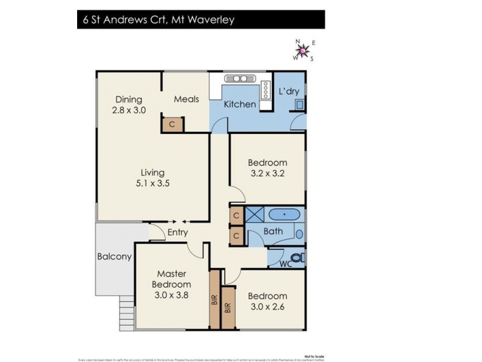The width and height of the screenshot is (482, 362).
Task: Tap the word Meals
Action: pyautogui.click(x=186, y=99)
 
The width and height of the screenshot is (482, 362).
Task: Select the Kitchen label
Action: pyautogui.click(x=240, y=104)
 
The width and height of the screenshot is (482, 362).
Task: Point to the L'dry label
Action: pyautogui.click(x=289, y=92)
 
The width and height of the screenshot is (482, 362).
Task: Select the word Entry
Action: pyautogui.click(x=178, y=232)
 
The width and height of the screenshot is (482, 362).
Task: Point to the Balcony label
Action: pyautogui.click(x=114, y=256)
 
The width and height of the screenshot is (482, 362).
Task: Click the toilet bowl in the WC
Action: pyautogui.click(x=301, y=258)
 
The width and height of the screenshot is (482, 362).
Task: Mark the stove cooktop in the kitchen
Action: pyautogui.click(x=264, y=91)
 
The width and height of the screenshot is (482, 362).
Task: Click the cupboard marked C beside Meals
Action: pyautogui.click(x=172, y=125)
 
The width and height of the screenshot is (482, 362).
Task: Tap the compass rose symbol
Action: pyautogui.click(x=304, y=50)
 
